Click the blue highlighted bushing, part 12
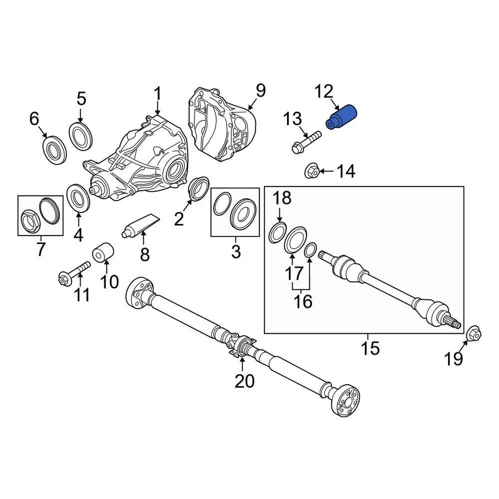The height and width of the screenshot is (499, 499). tap(340, 117)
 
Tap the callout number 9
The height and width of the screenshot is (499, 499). tap(260, 91)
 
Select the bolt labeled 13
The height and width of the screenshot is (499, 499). tap(306, 141)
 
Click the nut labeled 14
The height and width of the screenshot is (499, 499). tap(311, 170)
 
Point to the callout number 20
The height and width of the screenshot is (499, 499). tap(244, 381)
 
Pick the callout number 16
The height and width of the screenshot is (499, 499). tap(304, 301)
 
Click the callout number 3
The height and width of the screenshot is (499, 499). tap(235, 252)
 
